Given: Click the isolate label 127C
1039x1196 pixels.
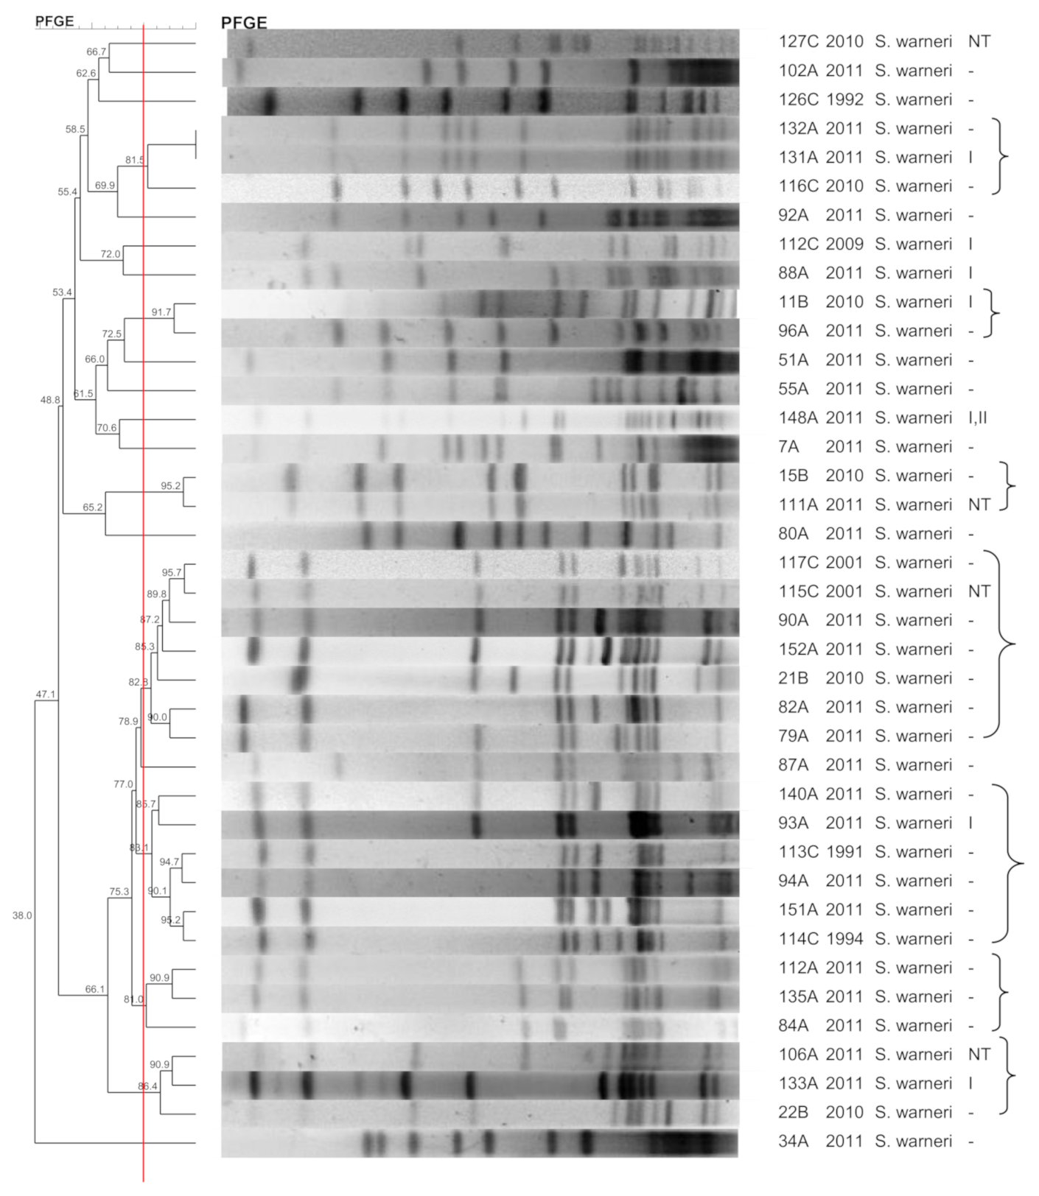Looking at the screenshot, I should click(797, 41).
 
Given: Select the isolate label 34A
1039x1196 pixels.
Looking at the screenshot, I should click(793, 1142).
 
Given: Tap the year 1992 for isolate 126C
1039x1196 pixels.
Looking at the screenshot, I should click(844, 99).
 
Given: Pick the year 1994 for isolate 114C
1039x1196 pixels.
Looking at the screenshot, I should click(844, 939).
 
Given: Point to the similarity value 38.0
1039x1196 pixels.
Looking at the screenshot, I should click(22, 915).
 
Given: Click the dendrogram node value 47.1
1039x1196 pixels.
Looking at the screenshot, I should click(46, 694).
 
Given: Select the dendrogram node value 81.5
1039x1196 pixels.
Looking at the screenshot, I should click(135, 160).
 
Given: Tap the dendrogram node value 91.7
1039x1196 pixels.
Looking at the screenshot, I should click(161, 312).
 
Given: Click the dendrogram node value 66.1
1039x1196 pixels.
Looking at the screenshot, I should click(95, 989).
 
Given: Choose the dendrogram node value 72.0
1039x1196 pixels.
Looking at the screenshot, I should click(110, 254).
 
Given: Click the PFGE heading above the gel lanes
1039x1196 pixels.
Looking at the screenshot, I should click(244, 23).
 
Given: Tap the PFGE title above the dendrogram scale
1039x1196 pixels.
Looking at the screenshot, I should click(55, 21).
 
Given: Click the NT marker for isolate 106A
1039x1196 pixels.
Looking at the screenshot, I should click(979, 1055).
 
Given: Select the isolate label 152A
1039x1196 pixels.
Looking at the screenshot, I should click(797, 650).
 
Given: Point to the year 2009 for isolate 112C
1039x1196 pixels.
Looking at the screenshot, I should click(844, 244).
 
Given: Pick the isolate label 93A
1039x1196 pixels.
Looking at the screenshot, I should click(793, 823).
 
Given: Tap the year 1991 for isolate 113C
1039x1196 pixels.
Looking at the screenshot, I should click(844, 852).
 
